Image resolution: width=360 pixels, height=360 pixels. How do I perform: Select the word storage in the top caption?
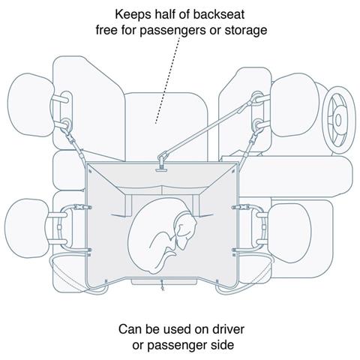(x=246, y=31)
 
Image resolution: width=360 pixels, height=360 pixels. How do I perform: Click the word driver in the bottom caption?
(x=228, y=329)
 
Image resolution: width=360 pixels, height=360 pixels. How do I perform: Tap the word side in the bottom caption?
(x=223, y=345)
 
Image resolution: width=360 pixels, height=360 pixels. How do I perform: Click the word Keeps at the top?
(x=133, y=15)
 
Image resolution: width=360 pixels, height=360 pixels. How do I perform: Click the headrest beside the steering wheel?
(x=295, y=105)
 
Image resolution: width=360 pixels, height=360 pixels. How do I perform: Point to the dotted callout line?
(x=167, y=80)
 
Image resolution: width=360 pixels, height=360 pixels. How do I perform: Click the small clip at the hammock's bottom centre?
(x=163, y=286)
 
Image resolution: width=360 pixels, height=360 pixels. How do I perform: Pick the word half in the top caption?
(x=166, y=14)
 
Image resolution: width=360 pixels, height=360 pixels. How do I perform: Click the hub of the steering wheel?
(x=338, y=120)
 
